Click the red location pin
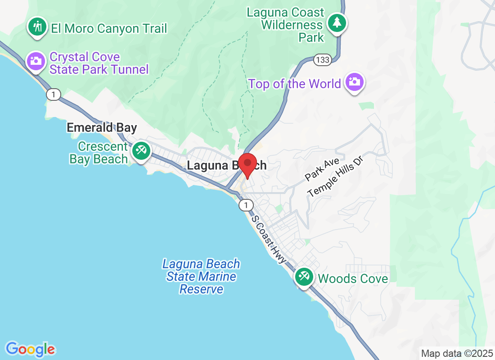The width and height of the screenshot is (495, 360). point(247,165)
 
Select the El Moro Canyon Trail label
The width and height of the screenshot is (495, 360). point(108,29)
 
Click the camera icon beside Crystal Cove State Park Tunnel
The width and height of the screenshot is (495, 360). point(36,61)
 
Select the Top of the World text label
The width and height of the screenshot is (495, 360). point(294,84)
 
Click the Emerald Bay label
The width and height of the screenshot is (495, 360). point(102,128)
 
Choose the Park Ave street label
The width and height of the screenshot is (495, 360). point(321,169)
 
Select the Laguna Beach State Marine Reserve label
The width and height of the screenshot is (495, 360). point(201,276)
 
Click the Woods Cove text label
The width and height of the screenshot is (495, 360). point(353,279)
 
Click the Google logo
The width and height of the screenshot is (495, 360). point(31,349)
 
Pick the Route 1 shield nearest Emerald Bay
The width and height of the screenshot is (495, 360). point(53,94)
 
